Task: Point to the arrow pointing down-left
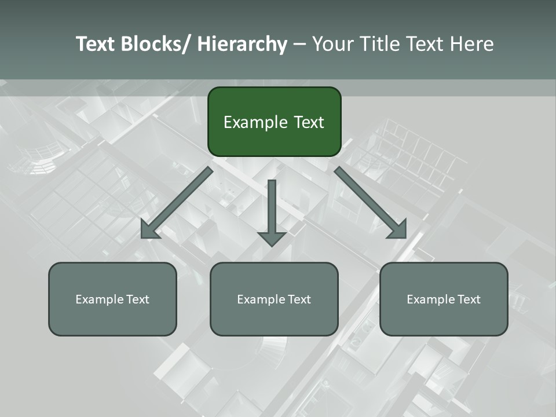click(x=177, y=203)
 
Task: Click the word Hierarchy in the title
click(x=242, y=44)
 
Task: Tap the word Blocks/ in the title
click(x=157, y=44)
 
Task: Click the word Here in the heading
click(x=472, y=44)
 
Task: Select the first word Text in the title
click(x=96, y=44)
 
